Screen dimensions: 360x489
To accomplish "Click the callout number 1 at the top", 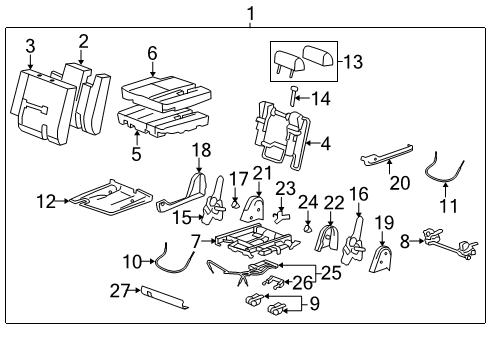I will click(250, 13).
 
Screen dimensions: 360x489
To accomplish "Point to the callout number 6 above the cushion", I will click(152, 52).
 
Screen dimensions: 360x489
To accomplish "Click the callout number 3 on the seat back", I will click(30, 46).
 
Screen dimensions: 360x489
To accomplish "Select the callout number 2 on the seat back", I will click(83, 41).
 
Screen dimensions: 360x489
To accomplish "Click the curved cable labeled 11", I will click(445, 170).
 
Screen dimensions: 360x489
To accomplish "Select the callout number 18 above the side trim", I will click(202, 149).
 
